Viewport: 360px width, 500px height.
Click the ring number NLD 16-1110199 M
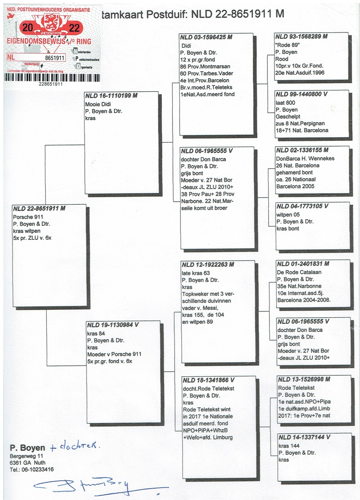pyautogui.click(x=112, y=96)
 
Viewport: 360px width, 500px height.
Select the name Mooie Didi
pyautogui.click(x=99, y=104)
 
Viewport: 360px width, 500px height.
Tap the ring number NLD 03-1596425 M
pyautogui.click(x=207, y=36)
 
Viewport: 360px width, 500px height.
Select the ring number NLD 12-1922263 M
pyautogui.click(x=207, y=265)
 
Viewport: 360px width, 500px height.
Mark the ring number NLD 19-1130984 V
pyautogui.click(x=113, y=325)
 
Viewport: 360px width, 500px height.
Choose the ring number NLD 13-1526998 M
pyautogui.click(x=304, y=380)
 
